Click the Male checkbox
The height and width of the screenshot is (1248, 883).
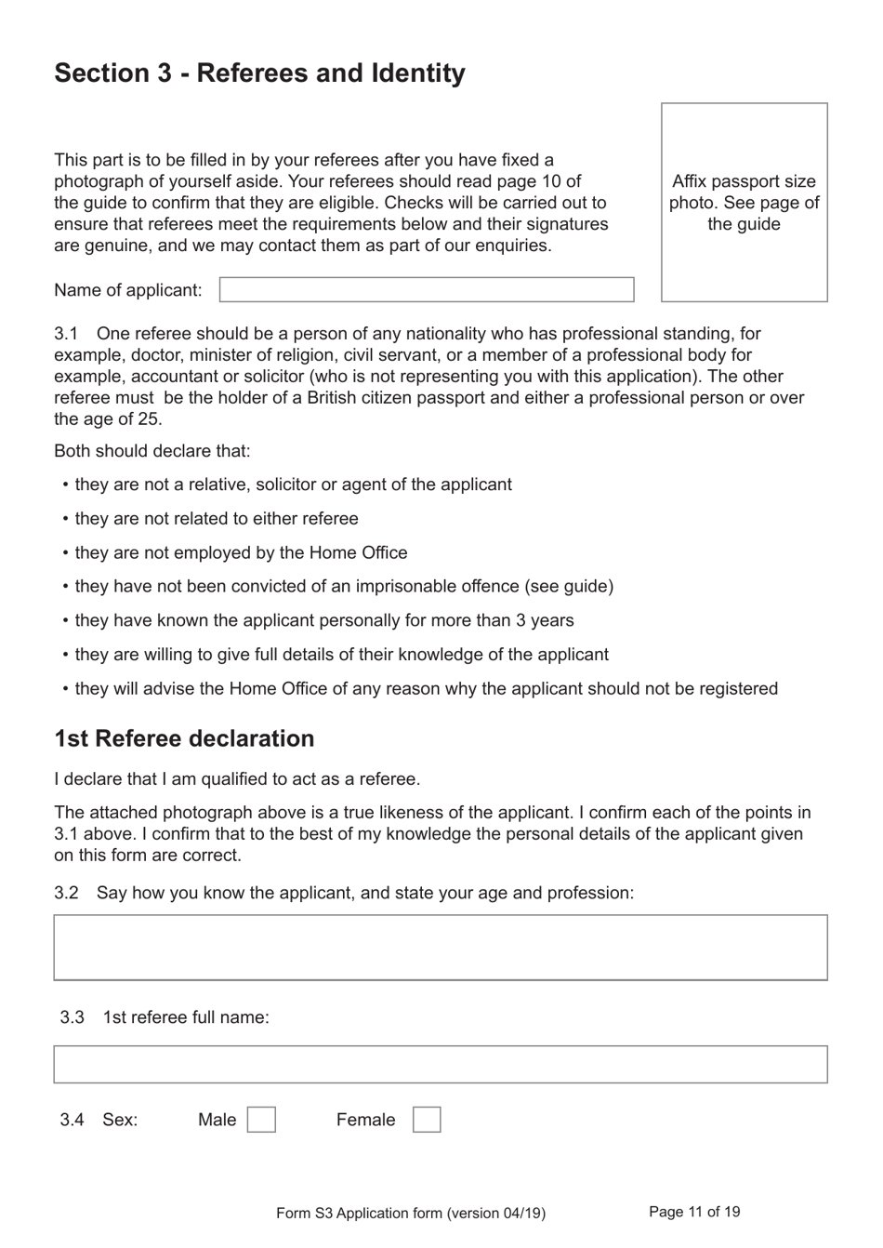pos(261,1119)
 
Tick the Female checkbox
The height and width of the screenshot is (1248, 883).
pos(427,1119)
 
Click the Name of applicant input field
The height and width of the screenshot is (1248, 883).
pos(427,289)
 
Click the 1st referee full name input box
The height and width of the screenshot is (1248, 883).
pos(440,1064)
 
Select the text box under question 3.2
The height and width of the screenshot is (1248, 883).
pos(440,947)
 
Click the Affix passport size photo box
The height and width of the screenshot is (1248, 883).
pos(744,203)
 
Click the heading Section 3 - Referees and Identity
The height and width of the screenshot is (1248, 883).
pos(259,73)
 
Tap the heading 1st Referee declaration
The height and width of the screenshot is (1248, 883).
pos(184,738)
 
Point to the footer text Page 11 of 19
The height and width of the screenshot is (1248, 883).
pos(694,1212)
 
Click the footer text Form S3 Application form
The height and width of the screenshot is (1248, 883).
pos(410,1213)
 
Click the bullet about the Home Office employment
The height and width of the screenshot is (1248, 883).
pos(241,552)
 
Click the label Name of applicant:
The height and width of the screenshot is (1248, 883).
pos(127,290)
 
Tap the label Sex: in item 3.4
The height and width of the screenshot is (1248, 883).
pos(120,1120)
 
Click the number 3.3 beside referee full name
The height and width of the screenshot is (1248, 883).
pos(72,1017)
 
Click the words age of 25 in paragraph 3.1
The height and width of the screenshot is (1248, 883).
pos(123,419)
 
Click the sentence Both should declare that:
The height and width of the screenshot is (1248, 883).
pos(152,451)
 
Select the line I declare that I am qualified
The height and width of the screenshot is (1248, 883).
pos(237,779)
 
